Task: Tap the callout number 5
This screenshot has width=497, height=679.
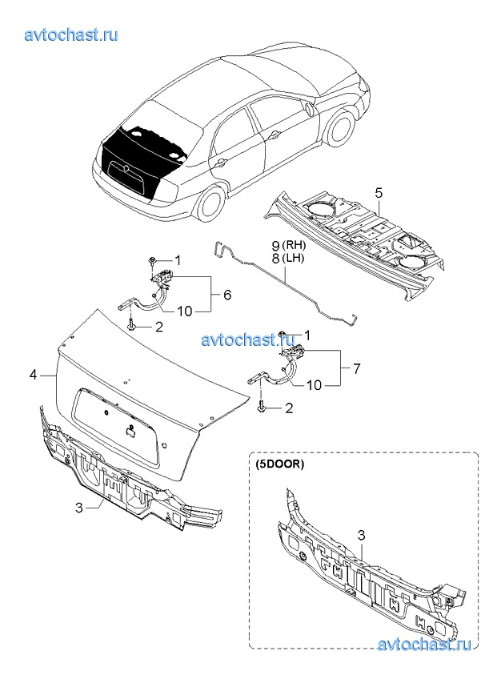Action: coord(379,192)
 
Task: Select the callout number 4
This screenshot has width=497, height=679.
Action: coord(33,374)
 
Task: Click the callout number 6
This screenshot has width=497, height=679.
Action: coord(227,295)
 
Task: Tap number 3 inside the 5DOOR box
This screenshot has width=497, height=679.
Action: coord(361,534)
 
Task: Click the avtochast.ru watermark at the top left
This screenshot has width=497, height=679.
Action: coord(72,35)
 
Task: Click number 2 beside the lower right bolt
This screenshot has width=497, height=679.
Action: coord(289,408)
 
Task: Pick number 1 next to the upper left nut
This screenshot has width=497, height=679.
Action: coord(178,259)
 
